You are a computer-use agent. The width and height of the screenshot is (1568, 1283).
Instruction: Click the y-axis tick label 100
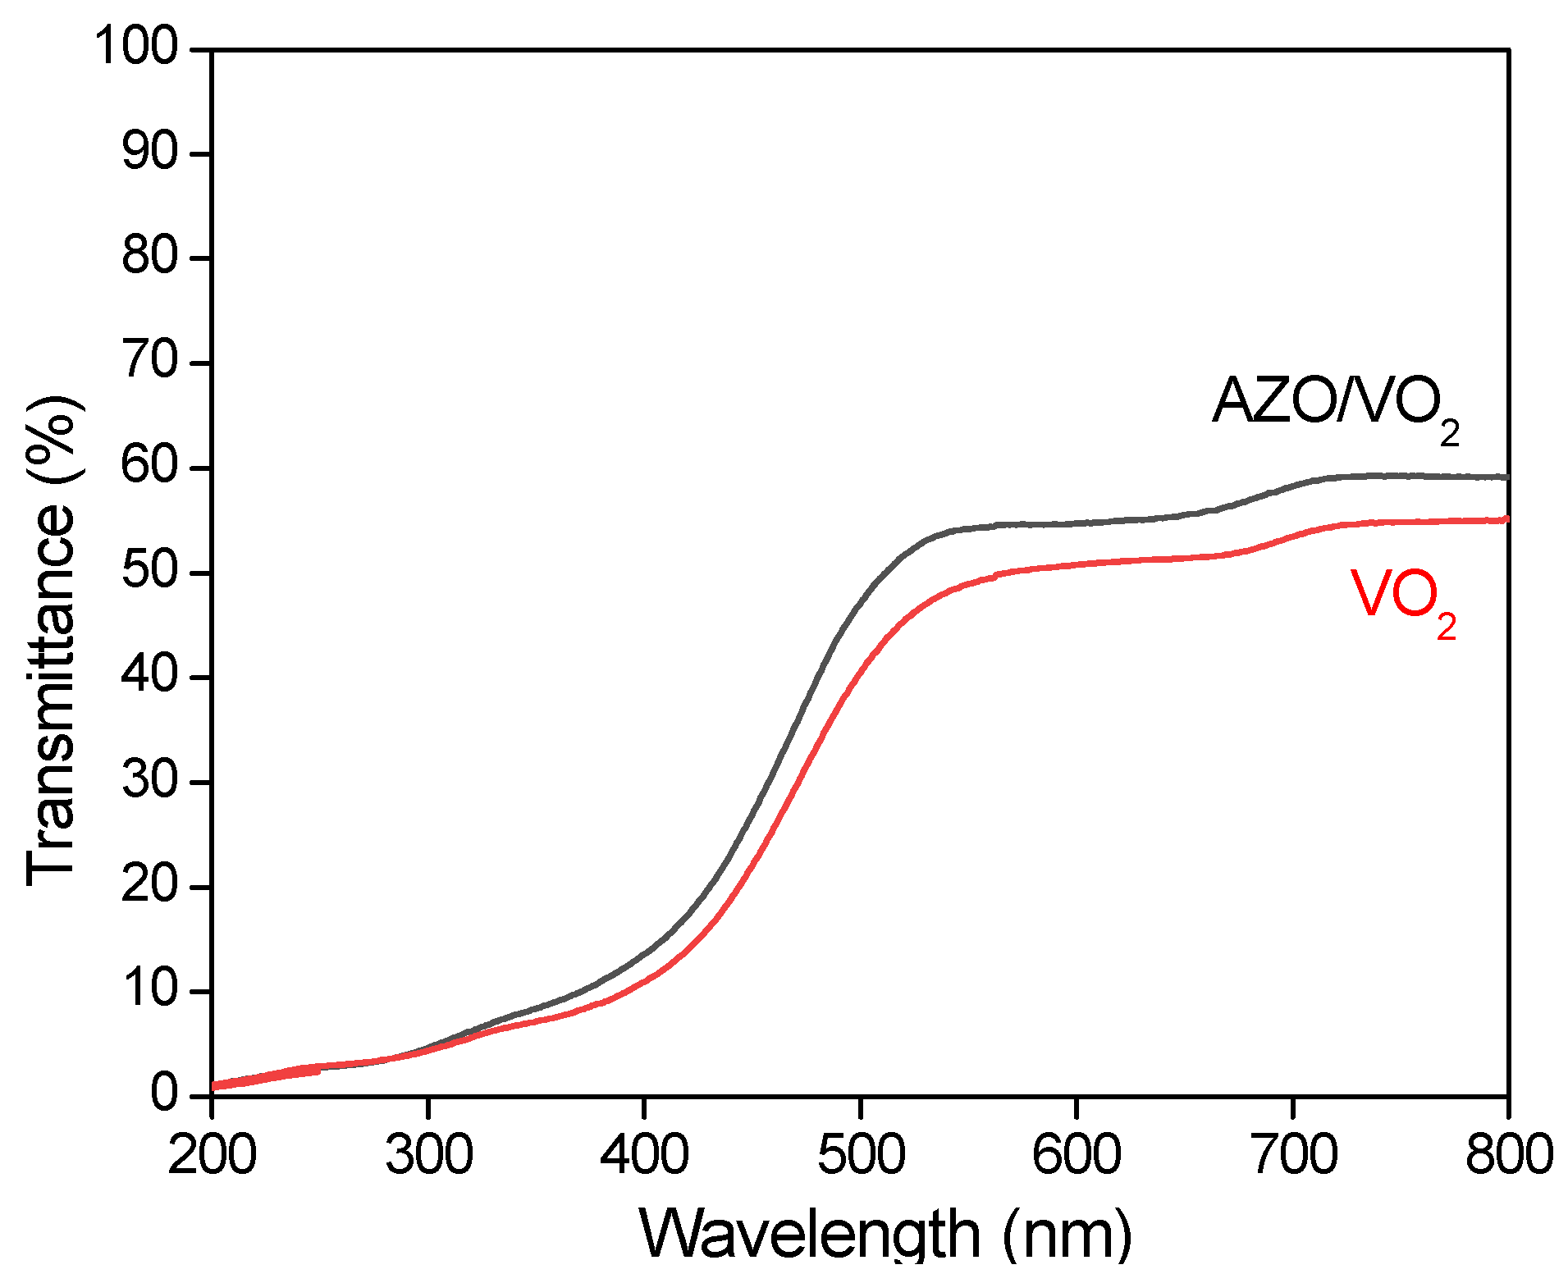136,47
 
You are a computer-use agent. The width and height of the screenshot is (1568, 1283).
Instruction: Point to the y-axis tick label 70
150,362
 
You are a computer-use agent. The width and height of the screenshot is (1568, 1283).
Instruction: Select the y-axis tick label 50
150,572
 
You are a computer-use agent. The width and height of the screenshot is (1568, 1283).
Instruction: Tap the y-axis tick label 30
150,780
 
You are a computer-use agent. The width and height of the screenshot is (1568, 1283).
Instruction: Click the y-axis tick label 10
150,990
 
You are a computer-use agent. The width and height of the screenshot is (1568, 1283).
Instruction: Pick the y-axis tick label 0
164,1094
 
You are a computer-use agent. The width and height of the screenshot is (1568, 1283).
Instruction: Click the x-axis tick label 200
212,1155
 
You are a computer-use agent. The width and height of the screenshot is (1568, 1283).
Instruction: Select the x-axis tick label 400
644,1155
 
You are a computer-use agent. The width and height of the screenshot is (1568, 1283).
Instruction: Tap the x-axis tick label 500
861,1155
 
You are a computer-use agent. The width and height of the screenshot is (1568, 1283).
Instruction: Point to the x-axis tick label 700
1293,1155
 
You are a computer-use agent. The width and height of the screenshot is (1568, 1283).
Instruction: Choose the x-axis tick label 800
1508,1155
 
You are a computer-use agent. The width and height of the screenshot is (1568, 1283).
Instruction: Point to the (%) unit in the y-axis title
54,439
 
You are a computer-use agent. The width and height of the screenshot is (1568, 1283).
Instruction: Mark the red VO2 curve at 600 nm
1076,564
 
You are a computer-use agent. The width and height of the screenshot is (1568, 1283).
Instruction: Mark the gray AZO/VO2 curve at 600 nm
1076,523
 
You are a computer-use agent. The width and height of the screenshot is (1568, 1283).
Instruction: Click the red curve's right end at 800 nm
1506,519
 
